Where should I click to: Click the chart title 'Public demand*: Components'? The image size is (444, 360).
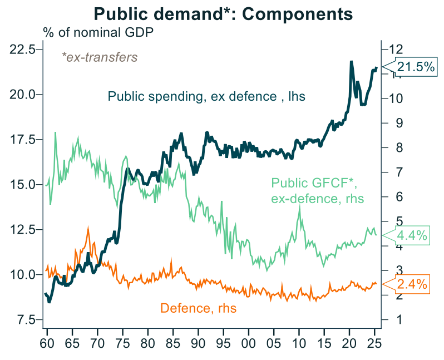click(223, 13)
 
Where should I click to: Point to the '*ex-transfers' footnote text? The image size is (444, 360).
click(99, 57)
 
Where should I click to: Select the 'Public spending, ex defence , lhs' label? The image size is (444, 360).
click(207, 97)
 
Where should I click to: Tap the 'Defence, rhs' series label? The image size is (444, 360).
click(198, 308)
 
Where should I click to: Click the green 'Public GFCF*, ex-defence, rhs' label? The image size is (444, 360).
click(317, 190)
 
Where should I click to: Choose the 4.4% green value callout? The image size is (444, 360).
click(412, 236)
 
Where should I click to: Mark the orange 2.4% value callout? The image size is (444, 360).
click(412, 284)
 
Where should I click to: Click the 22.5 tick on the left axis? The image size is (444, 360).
click(23, 50)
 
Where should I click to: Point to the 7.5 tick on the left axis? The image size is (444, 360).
click(25, 320)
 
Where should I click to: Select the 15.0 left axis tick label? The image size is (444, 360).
click(23, 185)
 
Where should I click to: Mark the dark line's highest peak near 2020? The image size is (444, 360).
click(351, 61)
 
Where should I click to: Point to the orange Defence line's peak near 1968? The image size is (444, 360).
click(87, 227)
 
